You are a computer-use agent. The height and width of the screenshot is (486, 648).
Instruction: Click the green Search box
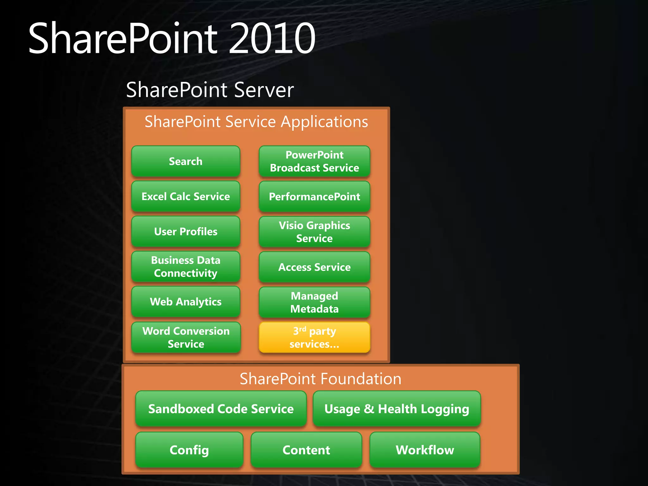coord(186,161)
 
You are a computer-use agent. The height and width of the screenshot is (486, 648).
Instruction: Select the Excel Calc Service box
coord(186,196)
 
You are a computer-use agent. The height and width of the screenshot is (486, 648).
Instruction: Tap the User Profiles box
coord(186,232)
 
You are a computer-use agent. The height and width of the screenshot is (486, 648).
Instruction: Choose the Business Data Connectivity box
coord(186,267)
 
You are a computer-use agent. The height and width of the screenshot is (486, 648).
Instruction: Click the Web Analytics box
coord(186,302)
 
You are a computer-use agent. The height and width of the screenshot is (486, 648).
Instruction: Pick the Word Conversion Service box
coord(186,337)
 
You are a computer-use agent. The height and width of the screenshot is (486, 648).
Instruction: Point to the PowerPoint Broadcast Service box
coord(314,161)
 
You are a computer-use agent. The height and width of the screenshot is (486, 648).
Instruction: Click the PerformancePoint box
coord(314,196)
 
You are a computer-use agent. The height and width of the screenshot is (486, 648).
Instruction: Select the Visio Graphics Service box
coord(314,232)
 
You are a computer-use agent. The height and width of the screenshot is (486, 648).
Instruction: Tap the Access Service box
coord(314,267)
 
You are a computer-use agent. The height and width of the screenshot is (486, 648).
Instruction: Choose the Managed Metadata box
coord(314,302)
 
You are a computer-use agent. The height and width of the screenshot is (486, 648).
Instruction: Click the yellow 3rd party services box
coord(314,337)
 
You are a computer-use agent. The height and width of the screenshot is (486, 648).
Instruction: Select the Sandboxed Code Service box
coord(221,409)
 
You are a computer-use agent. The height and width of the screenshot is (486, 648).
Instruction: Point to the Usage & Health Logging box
coord(396,409)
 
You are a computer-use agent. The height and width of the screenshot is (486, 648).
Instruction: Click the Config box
coord(189,450)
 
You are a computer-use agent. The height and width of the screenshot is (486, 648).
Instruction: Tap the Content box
coord(306,450)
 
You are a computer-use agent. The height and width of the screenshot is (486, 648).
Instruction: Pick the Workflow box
coord(425,450)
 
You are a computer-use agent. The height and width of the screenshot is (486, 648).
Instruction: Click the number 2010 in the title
coord(272,38)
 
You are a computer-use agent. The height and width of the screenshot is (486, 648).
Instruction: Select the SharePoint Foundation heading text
coord(320,379)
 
